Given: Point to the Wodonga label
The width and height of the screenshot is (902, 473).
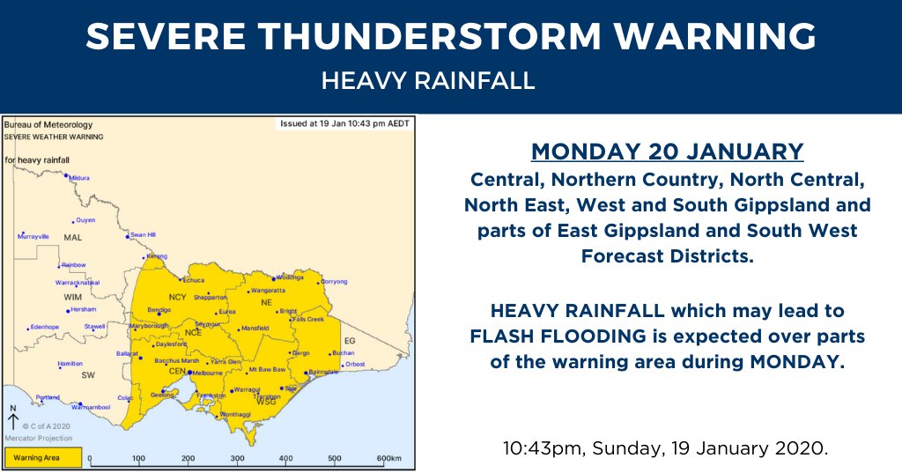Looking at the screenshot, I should pyautogui.click(x=289, y=277).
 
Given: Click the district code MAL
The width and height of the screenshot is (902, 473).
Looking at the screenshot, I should pyautogui.click(x=72, y=239).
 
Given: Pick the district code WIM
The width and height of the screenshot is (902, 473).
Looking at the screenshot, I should pyautogui.click(x=72, y=298).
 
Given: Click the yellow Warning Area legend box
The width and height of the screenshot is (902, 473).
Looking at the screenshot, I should pyautogui.click(x=43, y=458).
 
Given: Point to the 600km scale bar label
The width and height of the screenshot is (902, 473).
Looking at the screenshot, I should pyautogui.click(x=388, y=459).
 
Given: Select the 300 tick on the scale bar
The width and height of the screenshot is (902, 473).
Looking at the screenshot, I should pyautogui.click(x=237, y=459).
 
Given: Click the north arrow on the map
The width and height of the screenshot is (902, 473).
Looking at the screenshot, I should pyautogui.click(x=12, y=419).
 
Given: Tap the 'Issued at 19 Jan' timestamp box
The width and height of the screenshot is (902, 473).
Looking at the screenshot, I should pyautogui.click(x=344, y=123).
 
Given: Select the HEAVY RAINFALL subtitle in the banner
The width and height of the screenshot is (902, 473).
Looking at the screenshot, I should pyautogui.click(x=428, y=81).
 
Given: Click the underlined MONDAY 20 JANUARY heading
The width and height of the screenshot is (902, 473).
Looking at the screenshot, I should pyautogui.click(x=667, y=152).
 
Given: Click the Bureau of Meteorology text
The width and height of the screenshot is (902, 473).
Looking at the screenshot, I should pyautogui.click(x=48, y=125).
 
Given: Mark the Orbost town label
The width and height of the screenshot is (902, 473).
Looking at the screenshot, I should pyautogui.click(x=354, y=364).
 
